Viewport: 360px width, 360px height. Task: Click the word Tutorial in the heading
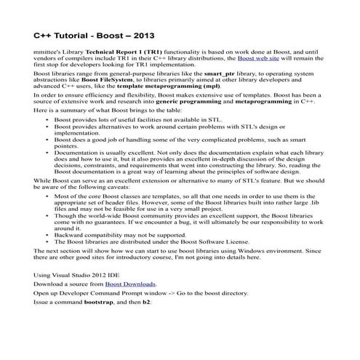pyautogui.click(x=73, y=35)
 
